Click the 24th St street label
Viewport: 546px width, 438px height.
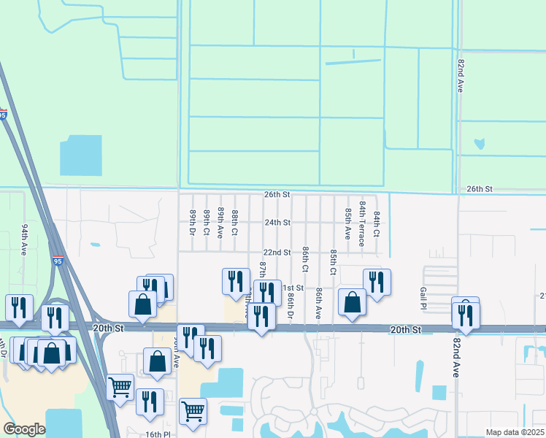(x=277, y=223)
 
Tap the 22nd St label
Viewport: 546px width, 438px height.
(x=277, y=253)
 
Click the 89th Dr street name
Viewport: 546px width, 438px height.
(x=193, y=222)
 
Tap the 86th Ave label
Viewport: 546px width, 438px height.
(x=319, y=303)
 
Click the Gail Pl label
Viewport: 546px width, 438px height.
(x=423, y=297)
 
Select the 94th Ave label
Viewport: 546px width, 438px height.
(x=24, y=238)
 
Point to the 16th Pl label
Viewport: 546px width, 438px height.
(x=157, y=434)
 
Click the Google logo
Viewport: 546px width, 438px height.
(x=25, y=429)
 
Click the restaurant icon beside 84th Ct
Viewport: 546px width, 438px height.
(x=377, y=281)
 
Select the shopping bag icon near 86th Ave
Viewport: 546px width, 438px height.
(x=352, y=302)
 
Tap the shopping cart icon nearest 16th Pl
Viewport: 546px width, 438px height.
(x=193, y=411)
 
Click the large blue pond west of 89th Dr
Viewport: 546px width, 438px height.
(x=81, y=155)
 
